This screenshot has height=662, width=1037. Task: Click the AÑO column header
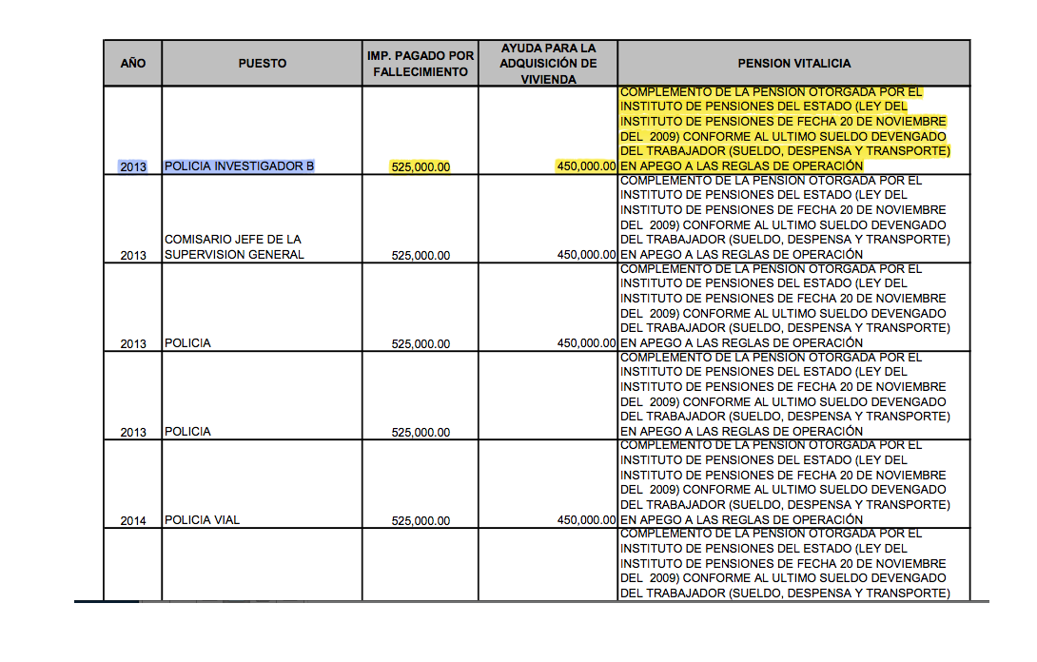[133, 64]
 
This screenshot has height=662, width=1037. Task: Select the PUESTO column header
[262, 64]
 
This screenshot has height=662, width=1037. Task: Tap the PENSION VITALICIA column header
[793, 64]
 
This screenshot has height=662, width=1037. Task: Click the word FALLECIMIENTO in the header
[420, 72]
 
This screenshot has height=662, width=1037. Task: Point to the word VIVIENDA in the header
[548, 80]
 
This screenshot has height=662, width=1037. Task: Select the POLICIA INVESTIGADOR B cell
[239, 166]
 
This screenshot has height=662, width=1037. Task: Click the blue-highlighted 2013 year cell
[133, 166]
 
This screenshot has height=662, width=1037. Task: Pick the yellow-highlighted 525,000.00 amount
[421, 166]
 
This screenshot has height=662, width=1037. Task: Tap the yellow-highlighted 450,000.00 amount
[586, 166]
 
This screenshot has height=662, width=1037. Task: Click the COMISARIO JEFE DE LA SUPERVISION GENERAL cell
[233, 247]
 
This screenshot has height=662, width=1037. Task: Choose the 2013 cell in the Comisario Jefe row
[133, 255]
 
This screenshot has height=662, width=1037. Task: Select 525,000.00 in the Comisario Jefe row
[421, 255]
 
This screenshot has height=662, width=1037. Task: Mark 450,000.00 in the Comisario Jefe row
[586, 255]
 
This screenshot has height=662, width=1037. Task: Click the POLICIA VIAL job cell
[202, 520]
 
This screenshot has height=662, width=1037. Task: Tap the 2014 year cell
[133, 520]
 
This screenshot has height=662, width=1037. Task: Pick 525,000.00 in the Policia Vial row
[421, 520]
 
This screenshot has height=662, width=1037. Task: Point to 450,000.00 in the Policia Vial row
[586, 520]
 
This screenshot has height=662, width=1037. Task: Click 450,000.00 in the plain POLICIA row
[586, 343]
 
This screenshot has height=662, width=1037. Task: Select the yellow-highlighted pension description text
[785, 129]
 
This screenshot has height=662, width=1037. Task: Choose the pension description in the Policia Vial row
[785, 482]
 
